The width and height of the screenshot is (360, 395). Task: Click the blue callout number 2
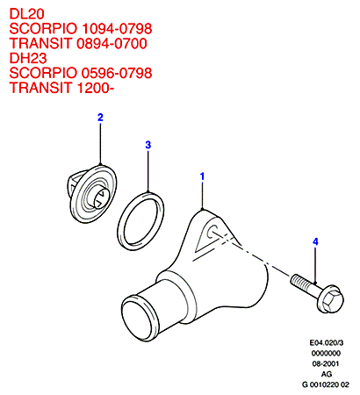(x=100, y=118)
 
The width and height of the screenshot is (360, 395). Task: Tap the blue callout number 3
(x=148, y=145)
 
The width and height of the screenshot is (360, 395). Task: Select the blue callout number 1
(x=202, y=176)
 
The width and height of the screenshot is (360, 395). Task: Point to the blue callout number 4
(x=315, y=241)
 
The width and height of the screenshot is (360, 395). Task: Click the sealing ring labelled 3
(x=120, y=222)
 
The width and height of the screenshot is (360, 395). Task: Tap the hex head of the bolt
(x=332, y=299)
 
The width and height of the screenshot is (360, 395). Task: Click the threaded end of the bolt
(x=299, y=280)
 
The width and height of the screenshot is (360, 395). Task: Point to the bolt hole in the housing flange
(x=212, y=232)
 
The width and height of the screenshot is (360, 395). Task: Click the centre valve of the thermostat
(x=100, y=198)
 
